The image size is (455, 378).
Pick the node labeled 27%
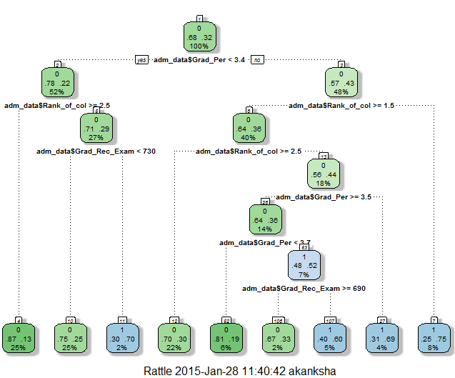coord(96,129)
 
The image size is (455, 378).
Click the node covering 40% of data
coord(249,129)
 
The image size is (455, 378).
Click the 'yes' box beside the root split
coord(141,60)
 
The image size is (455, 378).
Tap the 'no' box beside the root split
coord(256,60)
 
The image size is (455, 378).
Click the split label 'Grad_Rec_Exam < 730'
coord(96,151)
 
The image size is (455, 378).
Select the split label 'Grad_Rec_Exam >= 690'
coord(304,289)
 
